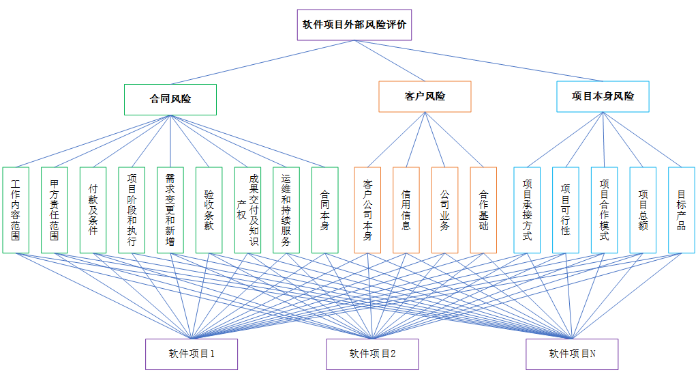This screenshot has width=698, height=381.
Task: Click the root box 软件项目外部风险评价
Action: pos(354,25)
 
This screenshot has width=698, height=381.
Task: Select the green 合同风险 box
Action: pos(170,99)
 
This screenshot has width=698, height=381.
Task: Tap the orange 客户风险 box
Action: pos(425,96)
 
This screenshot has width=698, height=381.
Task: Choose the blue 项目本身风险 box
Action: pos(603,96)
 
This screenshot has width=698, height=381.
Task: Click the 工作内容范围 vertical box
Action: pos(16,210)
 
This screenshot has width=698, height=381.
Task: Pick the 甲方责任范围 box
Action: pos(55,210)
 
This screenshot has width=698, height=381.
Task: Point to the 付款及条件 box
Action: pos(93,210)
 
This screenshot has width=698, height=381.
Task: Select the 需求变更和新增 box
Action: pos(170,210)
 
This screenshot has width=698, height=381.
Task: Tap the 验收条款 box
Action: pos(209,210)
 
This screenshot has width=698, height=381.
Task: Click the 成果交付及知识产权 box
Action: pos(248,210)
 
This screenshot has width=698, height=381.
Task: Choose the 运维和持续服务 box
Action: pos(286,210)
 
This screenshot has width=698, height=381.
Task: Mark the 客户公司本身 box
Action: pos(367,210)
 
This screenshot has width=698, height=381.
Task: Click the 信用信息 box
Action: pos(406,210)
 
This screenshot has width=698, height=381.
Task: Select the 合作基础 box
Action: pos(483,210)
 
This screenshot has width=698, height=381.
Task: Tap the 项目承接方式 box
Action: pos(527,210)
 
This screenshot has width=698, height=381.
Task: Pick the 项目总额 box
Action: pos(643,210)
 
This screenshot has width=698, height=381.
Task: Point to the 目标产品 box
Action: pos(682,210)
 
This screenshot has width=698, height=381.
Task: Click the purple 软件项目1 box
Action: pos(192,354)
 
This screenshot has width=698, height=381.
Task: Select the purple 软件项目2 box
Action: pos(372,354)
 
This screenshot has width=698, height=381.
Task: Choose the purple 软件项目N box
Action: pos(572,354)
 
